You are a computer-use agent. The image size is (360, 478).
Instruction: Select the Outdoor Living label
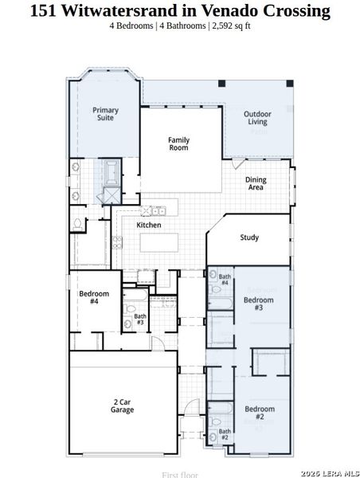point(257,118)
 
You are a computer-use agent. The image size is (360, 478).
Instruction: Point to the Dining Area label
point(256,184)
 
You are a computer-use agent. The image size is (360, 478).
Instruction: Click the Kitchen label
point(149,225)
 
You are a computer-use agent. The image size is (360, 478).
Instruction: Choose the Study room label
point(249,237)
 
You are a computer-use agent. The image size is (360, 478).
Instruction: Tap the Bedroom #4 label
point(88,297)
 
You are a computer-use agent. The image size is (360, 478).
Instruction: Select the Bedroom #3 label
point(253,304)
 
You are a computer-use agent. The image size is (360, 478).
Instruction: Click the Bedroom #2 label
point(254,413)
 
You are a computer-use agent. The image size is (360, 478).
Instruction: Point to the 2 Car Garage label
point(122,406)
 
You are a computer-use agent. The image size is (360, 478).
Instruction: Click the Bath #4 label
point(225,280)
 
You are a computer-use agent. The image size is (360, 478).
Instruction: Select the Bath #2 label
point(225,434)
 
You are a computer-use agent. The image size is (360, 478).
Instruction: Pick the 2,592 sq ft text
point(230,25)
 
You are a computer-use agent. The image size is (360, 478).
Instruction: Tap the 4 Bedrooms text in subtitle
point(131,25)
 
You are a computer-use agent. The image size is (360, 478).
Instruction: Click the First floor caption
point(180,474)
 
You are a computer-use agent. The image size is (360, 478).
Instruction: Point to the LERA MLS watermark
point(327,471)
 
